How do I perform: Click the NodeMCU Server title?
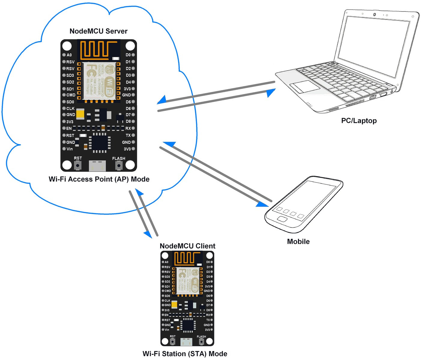98,31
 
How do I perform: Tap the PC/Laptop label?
359,121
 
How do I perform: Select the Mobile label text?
298,242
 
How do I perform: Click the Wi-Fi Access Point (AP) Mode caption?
99,179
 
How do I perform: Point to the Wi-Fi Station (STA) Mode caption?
185,354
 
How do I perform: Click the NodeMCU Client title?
187,246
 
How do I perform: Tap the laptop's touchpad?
305,86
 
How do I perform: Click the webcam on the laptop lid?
375,15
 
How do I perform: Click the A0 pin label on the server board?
69,55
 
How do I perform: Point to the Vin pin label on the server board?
69,149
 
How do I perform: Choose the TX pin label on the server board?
128,135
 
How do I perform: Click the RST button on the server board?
78,165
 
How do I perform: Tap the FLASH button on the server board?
119,165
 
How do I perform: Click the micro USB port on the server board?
97,166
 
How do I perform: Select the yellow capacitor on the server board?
80,114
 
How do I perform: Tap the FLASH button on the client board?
201,342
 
